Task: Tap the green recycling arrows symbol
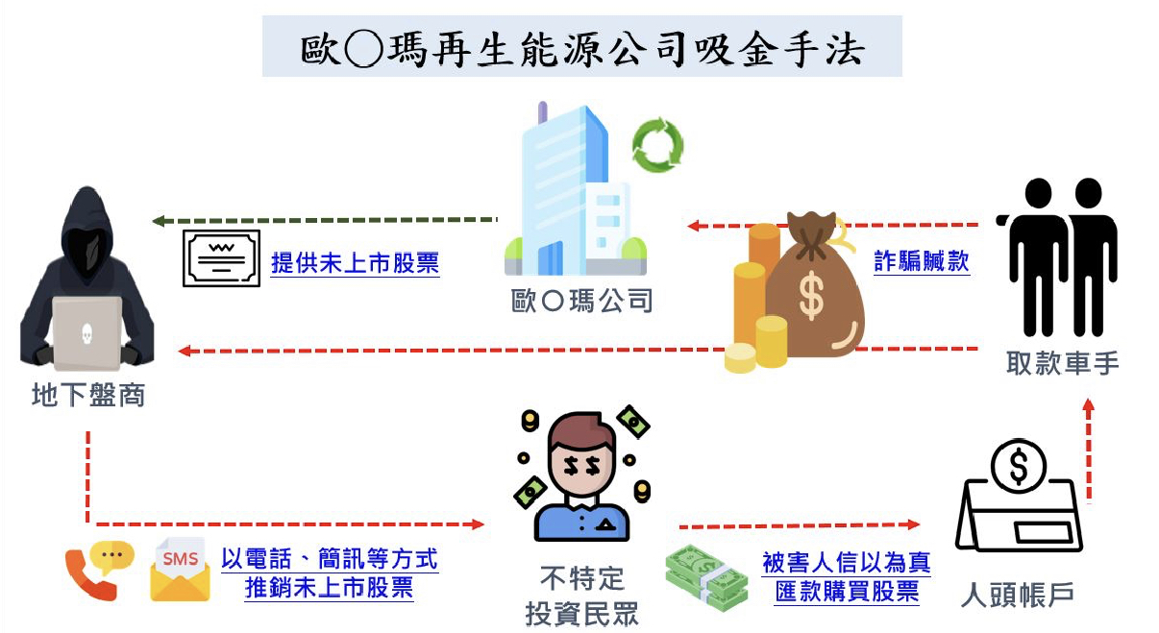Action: point(657,145)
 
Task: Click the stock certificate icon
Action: point(221,258)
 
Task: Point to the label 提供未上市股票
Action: point(355,262)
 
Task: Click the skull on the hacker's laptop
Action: point(86,333)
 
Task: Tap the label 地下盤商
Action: point(88,395)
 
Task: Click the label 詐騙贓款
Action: point(922,260)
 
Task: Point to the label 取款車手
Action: point(1062,363)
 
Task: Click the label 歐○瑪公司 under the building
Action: point(581,301)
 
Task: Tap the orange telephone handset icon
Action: point(88,575)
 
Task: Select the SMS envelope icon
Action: point(180,570)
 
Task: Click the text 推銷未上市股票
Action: point(329,588)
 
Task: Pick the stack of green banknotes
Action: point(706,577)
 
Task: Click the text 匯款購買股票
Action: point(847,592)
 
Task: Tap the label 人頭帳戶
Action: point(1017,595)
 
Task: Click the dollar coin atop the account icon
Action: point(1019,467)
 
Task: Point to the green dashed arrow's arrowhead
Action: point(159,221)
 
